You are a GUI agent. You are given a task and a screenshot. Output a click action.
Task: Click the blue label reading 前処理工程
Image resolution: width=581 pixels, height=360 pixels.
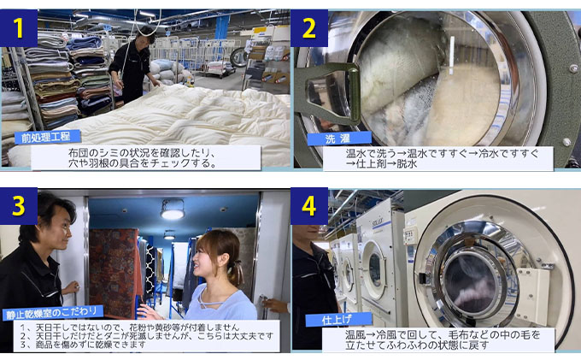coord(48,136)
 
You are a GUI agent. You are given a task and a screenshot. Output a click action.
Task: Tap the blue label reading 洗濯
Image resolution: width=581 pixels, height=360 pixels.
coord(335,138)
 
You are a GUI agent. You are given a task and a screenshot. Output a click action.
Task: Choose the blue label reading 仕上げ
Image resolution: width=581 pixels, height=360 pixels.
coord(332,319)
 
